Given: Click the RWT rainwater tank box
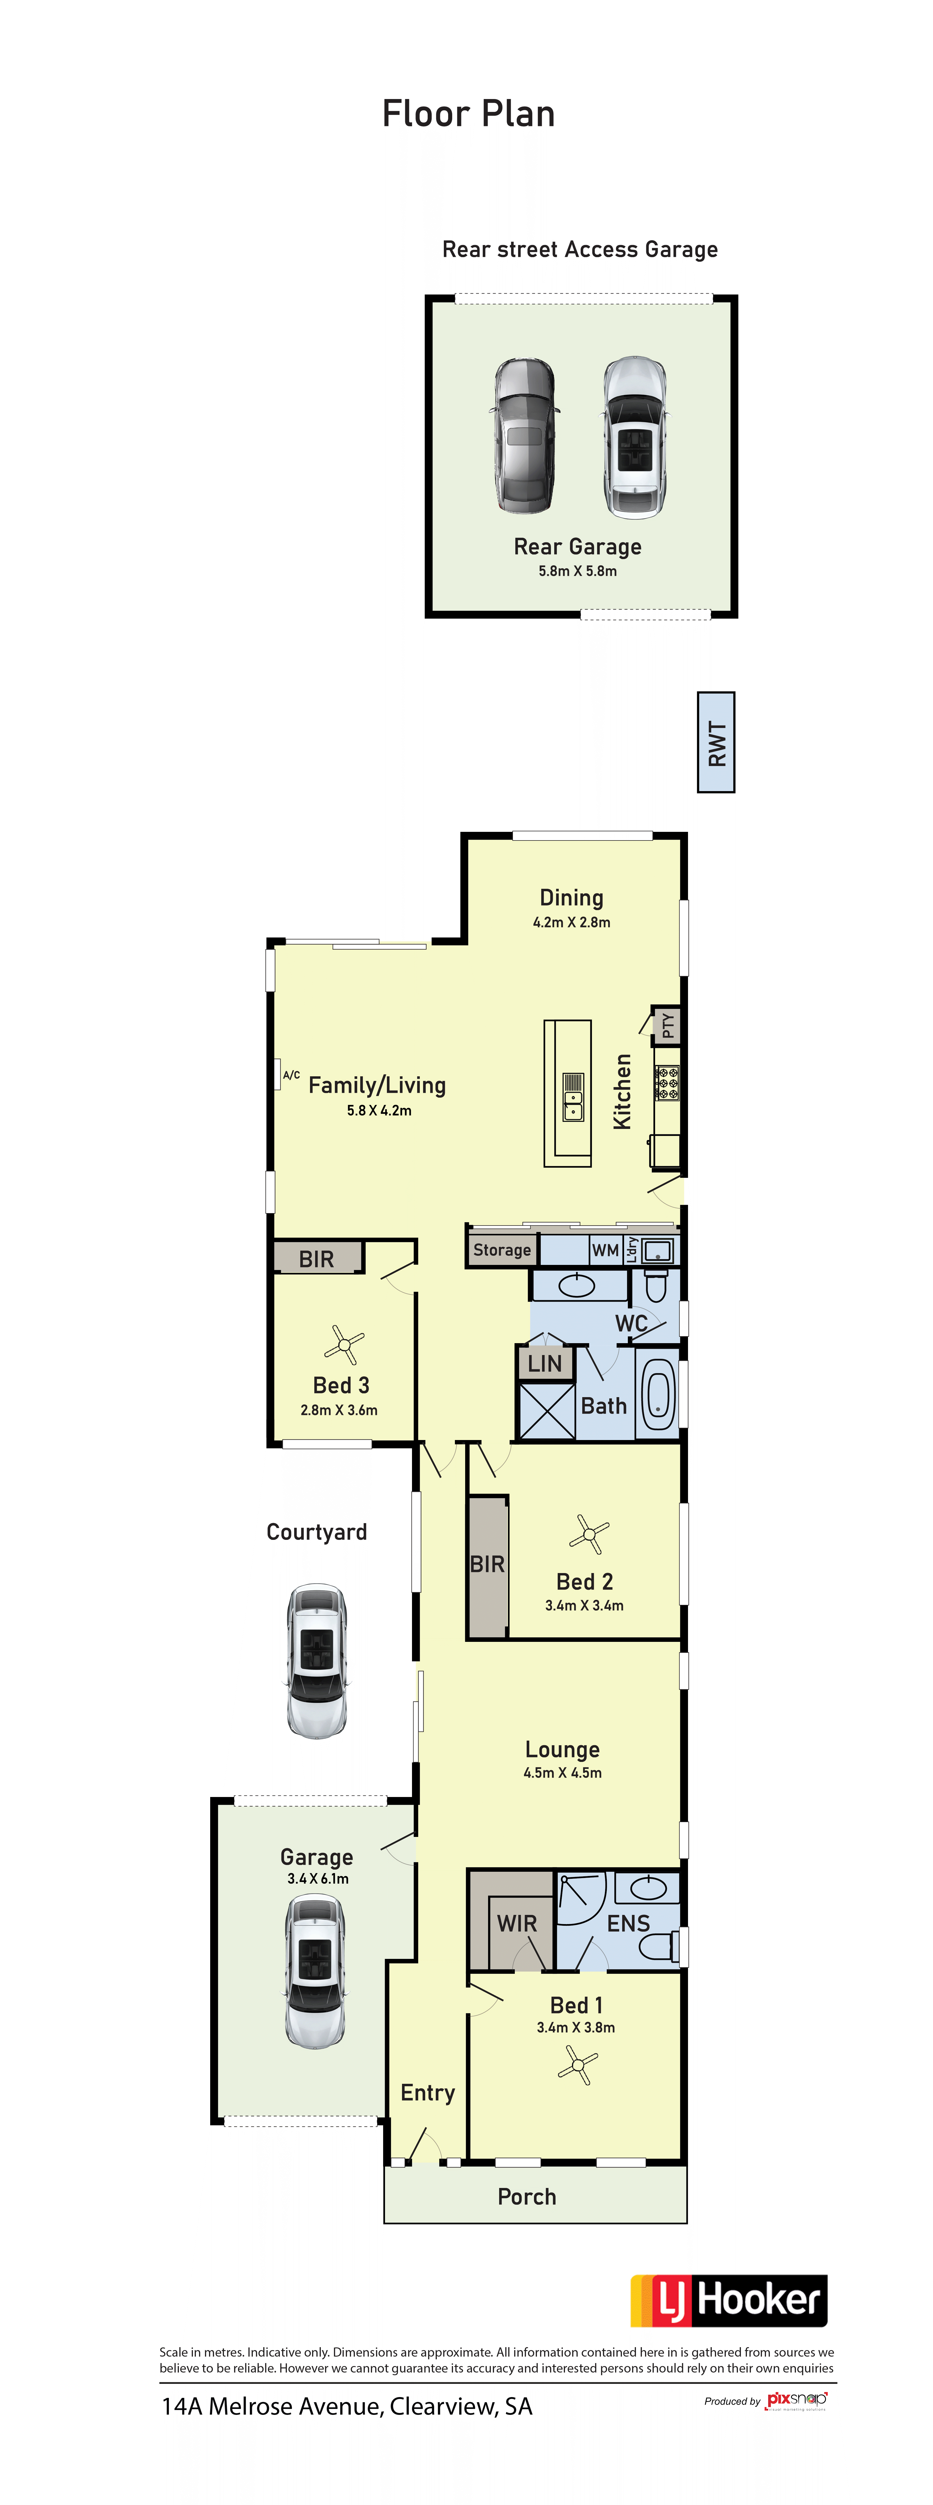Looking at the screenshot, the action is click(x=716, y=742).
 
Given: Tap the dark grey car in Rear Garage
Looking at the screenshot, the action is click(x=525, y=436).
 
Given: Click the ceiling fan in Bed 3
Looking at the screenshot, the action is click(x=343, y=1346).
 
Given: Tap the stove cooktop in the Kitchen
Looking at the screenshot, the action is click(x=666, y=1082).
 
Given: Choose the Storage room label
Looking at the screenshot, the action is click(x=502, y=1250).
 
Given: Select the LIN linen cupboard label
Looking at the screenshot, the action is click(x=545, y=1363).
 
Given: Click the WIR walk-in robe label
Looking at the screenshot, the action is click(x=517, y=1924).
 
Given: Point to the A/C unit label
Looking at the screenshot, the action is click(x=291, y=1075).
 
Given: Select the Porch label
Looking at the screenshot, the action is click(x=527, y=2197).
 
